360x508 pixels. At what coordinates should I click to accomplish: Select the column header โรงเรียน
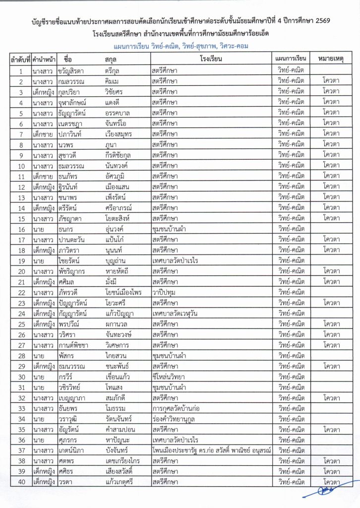pyautogui.click(x=211, y=59)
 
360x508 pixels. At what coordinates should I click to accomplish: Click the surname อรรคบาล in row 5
pyautogui.click(x=119, y=113)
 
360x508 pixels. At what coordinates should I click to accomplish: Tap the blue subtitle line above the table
pyautogui.click(x=180, y=46)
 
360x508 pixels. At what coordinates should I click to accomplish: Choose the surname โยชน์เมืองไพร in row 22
pyautogui.click(x=123, y=292)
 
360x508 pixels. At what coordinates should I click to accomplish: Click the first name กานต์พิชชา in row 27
pyautogui.click(x=75, y=345)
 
